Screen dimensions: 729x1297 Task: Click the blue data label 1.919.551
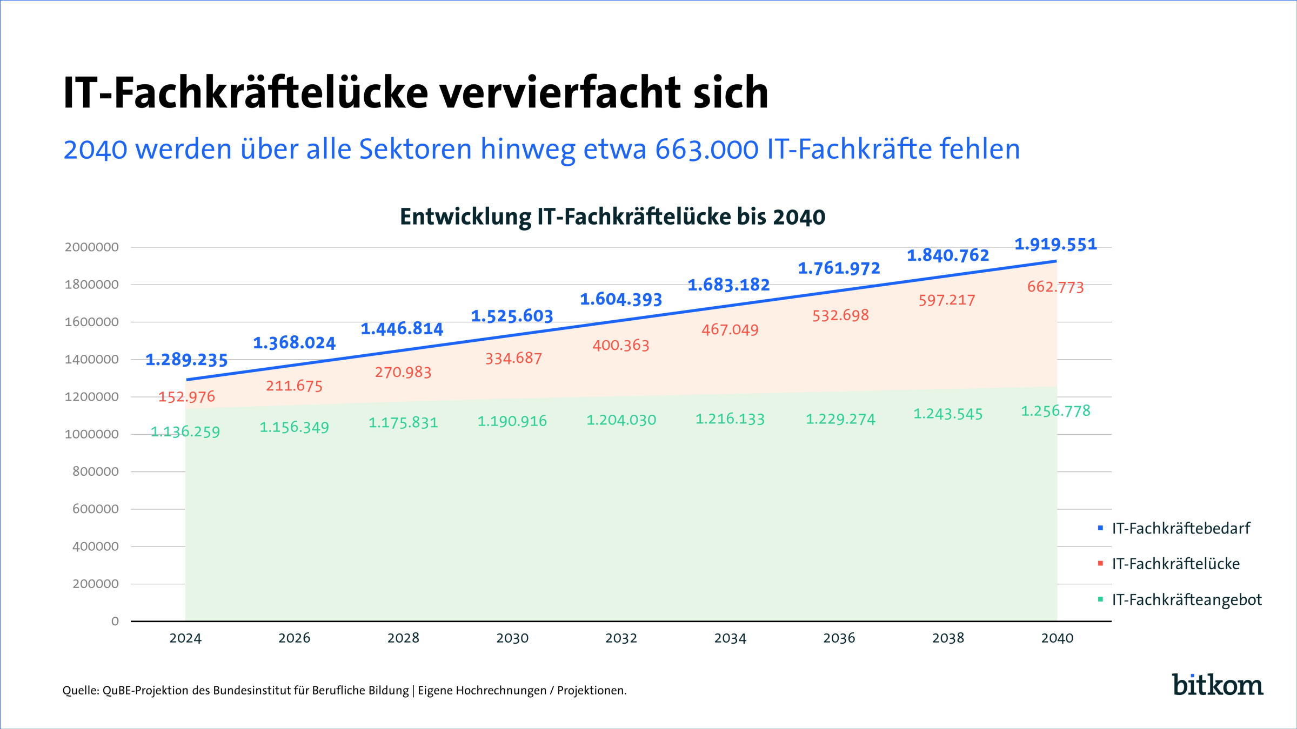coord(1055,245)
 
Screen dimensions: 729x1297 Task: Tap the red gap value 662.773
coord(1055,287)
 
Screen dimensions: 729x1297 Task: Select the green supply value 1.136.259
coord(185,432)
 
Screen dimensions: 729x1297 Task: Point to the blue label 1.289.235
coord(186,360)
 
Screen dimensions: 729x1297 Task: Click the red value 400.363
coord(621,346)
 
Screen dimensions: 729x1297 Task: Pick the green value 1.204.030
coord(621,420)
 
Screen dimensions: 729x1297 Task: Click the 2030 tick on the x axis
coord(512,638)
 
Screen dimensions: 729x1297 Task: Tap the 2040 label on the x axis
coord(1057,638)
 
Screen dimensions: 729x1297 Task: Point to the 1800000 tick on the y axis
coord(92,285)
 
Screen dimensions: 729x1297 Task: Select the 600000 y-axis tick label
coord(96,509)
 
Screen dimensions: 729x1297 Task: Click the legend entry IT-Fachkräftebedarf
coord(1181,528)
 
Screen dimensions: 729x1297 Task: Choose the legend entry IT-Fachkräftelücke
coord(1175,564)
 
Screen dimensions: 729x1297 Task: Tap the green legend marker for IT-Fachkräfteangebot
coord(1100,599)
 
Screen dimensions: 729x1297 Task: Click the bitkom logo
coord(1217,685)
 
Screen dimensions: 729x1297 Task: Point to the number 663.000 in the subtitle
coord(707,150)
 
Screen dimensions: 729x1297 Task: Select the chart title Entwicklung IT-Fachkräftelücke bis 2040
coord(612,217)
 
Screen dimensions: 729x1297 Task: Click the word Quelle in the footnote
coord(80,691)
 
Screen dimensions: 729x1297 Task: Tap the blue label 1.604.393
coord(621,300)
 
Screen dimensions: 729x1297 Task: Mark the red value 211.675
coord(294,386)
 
